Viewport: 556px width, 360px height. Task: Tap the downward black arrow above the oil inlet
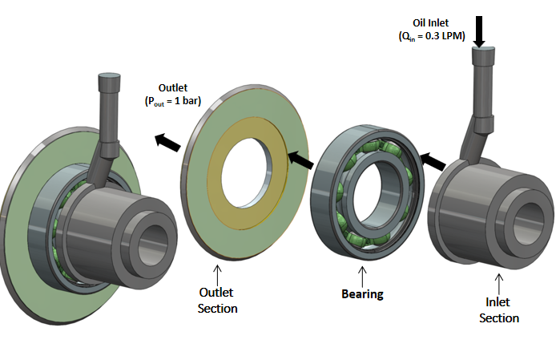coord(480,30)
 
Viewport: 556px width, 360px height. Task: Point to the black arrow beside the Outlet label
coord(167,140)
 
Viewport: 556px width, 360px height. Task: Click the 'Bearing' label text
coord(362,293)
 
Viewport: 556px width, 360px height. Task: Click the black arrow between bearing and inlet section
coord(433,161)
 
